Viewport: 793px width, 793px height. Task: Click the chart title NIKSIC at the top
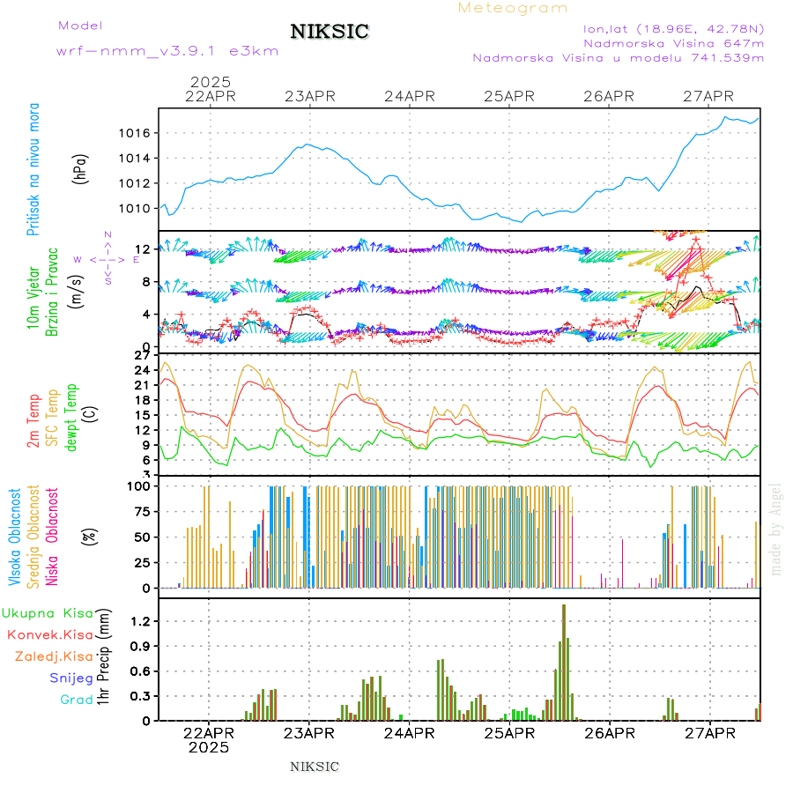330,33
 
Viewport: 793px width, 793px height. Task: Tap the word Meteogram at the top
513,8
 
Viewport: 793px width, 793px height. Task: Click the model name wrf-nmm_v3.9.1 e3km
167,51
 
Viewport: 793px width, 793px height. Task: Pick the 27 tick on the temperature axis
141,356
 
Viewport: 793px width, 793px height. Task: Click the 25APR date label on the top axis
510,96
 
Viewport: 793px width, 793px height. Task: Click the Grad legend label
77,700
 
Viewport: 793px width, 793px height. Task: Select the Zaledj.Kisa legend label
55,656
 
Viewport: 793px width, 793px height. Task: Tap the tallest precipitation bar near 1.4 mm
563,662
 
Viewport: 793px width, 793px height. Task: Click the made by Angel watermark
776,529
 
